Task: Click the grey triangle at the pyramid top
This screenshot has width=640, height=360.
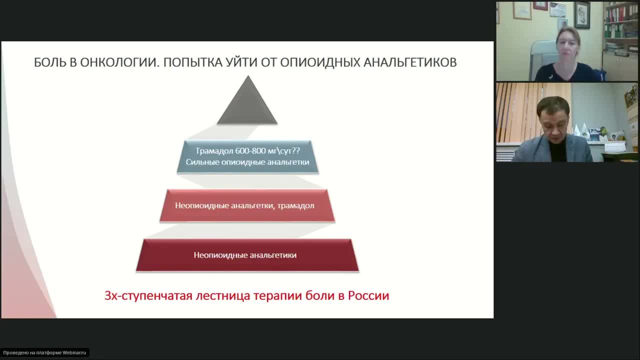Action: [x=247, y=105]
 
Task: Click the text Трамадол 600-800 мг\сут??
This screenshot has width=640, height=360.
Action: [x=247, y=150]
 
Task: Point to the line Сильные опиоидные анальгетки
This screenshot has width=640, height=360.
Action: [x=247, y=162]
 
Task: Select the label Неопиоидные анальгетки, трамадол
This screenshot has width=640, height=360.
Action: [x=244, y=205]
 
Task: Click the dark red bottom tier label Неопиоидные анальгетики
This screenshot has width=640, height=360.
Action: [x=245, y=255]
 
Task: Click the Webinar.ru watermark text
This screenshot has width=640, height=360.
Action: [x=44, y=352]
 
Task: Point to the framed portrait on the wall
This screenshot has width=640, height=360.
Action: [x=582, y=15]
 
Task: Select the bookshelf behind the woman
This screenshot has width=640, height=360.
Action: [x=620, y=30]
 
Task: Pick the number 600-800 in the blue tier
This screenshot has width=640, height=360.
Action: [x=242, y=150]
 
